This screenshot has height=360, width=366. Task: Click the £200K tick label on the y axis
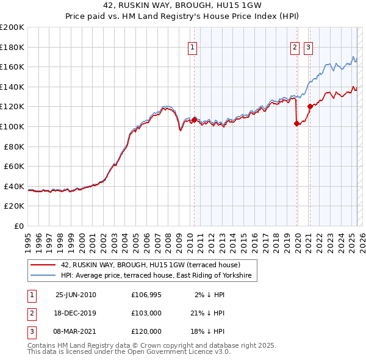[x=12, y=27]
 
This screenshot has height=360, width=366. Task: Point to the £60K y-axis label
[x=15, y=166]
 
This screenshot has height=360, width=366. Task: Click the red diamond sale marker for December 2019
[x=297, y=123]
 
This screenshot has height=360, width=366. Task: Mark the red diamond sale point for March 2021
[x=310, y=106]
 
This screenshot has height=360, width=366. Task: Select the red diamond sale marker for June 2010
[x=195, y=120]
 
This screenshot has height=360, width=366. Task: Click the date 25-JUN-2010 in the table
[x=76, y=295]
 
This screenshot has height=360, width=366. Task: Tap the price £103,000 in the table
[x=146, y=313]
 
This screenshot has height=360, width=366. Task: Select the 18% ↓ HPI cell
[x=208, y=331]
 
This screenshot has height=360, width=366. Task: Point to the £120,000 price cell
[x=146, y=331]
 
